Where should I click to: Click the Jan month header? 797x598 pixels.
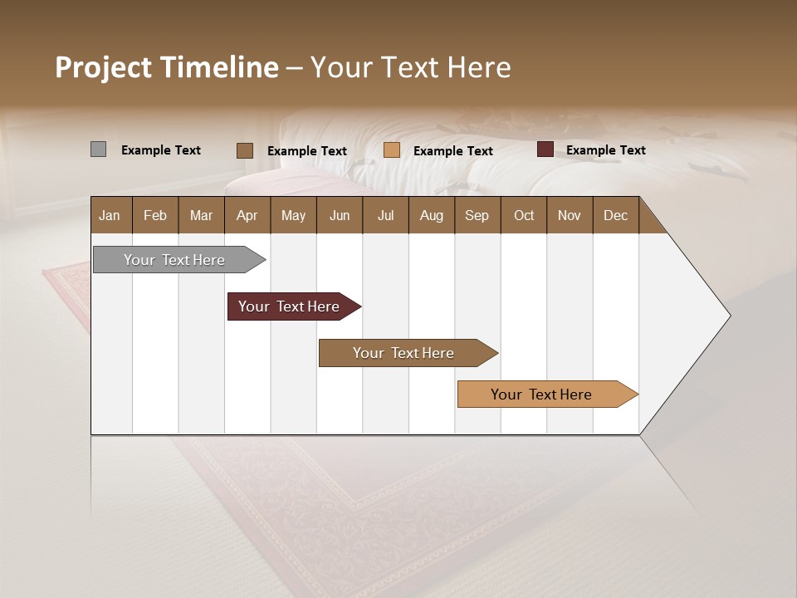(x=110, y=215)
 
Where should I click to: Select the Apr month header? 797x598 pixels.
(x=247, y=215)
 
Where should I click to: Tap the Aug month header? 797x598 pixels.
(x=431, y=215)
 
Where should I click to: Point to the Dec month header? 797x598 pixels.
(x=615, y=215)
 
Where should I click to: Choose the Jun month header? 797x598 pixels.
(x=339, y=215)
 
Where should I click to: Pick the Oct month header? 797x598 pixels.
(x=523, y=215)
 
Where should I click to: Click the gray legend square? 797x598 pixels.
(x=98, y=149)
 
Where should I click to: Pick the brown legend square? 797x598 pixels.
(x=244, y=150)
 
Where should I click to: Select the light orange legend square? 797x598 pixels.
(x=392, y=150)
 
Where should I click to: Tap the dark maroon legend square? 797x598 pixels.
(x=545, y=149)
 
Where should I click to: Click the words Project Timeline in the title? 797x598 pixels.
(x=166, y=67)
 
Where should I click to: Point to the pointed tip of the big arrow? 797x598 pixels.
(x=728, y=316)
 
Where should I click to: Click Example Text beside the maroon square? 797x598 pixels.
(x=605, y=150)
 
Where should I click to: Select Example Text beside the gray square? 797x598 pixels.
(x=160, y=150)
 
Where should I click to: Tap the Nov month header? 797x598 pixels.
(x=569, y=215)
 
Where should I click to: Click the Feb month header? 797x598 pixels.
(x=154, y=215)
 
